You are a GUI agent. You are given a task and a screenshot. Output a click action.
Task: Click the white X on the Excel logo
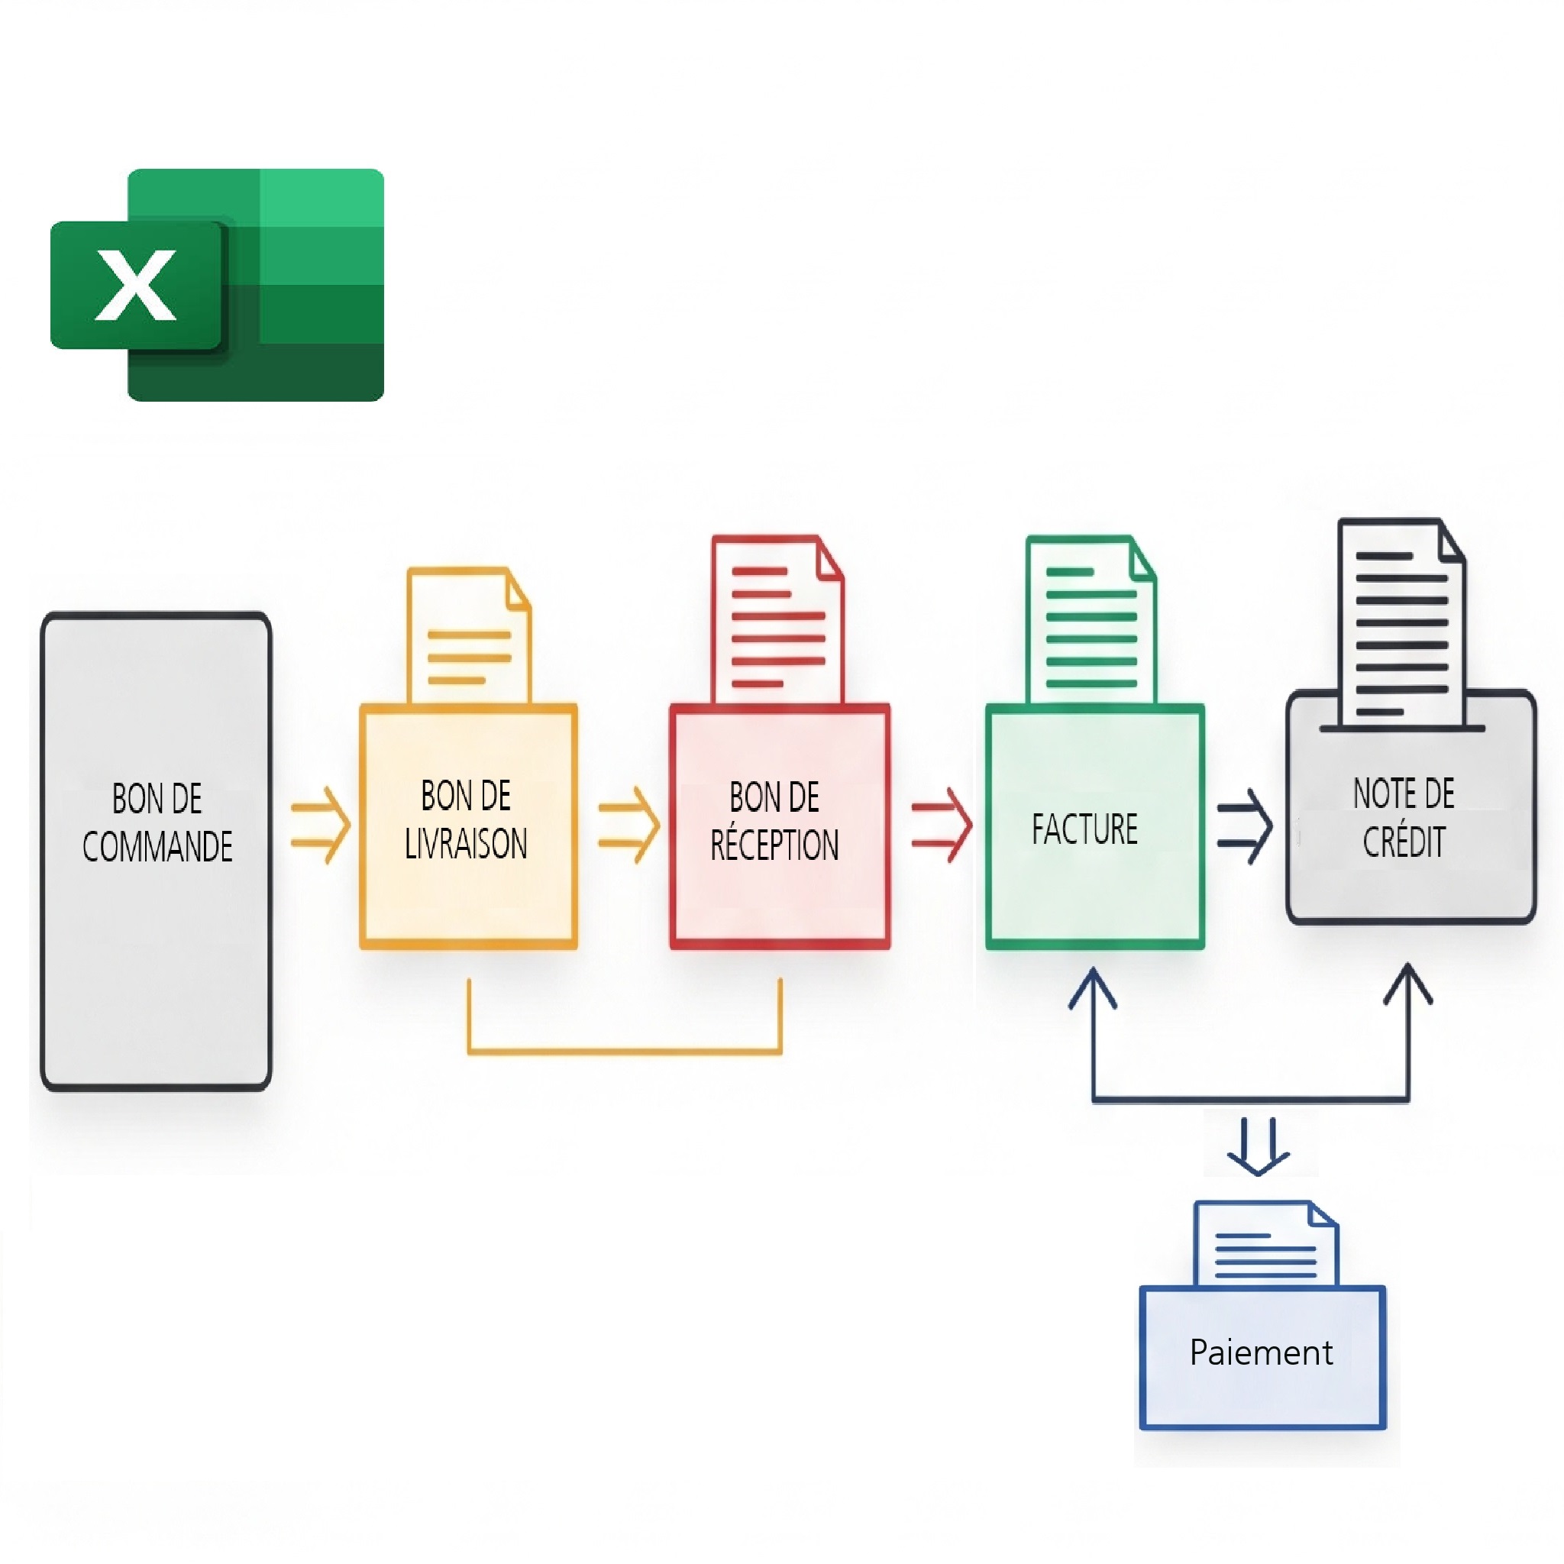(x=135, y=285)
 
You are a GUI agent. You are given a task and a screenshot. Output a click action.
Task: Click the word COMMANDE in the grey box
(x=157, y=847)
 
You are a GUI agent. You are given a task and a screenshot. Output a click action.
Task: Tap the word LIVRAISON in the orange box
(x=466, y=844)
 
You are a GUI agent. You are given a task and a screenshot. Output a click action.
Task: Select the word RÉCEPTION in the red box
(x=774, y=845)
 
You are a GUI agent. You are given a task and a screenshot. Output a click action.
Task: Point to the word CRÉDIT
(x=1404, y=842)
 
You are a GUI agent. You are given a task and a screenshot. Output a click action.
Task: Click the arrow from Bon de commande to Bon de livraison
(x=322, y=825)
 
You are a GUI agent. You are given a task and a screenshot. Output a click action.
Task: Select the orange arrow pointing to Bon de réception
(x=629, y=825)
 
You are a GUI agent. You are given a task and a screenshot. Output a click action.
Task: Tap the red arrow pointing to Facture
(x=942, y=825)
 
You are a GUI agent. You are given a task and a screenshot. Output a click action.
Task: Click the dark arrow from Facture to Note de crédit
(x=1245, y=826)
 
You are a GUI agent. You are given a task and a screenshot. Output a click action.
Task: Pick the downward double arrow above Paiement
(x=1258, y=1145)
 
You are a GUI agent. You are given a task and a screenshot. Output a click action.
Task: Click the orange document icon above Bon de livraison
(x=469, y=636)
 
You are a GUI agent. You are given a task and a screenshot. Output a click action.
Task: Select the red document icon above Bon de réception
(x=777, y=620)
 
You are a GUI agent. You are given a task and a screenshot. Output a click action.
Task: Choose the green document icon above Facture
(x=1091, y=620)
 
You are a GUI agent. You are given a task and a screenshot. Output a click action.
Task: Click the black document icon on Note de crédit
(x=1401, y=623)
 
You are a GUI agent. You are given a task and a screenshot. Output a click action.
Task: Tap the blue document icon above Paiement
(x=1265, y=1246)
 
